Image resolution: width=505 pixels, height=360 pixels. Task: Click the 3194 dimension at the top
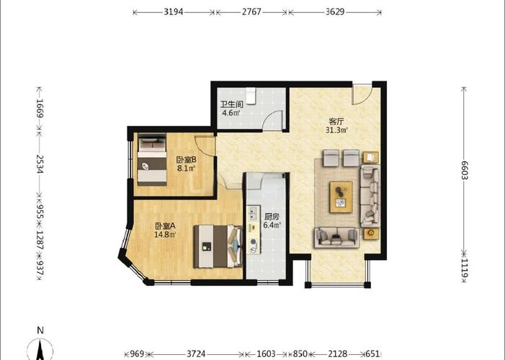pyautogui.click(x=174, y=12)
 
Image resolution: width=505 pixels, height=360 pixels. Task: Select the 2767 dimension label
pyautogui.click(x=251, y=12)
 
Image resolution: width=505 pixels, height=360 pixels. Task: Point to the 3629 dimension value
pyautogui.click(x=335, y=12)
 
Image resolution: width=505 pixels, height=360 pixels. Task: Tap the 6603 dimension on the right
pyautogui.click(x=464, y=171)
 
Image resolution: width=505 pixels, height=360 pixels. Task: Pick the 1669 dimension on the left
pyautogui.click(x=40, y=109)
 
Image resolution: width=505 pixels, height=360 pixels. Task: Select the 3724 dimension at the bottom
pyautogui.click(x=196, y=354)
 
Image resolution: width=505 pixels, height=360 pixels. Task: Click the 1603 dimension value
pyautogui.click(x=266, y=354)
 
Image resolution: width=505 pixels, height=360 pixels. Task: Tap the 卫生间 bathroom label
pyautogui.click(x=231, y=104)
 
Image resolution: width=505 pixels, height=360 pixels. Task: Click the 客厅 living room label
pyautogui.click(x=336, y=122)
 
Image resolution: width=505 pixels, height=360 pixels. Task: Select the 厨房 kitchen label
pyautogui.click(x=272, y=217)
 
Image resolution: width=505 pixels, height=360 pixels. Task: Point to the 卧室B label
pyautogui.click(x=186, y=160)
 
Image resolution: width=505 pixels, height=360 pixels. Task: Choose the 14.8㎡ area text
pyautogui.click(x=165, y=235)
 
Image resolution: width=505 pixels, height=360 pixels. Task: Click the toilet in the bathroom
pyautogui.click(x=251, y=96)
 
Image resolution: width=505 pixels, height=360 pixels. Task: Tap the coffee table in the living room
pyautogui.click(x=341, y=197)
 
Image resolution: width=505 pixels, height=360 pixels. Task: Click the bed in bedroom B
pyautogui.click(x=152, y=160)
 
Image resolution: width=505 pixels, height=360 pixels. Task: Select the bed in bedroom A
pyautogui.click(x=218, y=246)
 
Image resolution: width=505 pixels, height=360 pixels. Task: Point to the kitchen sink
pyautogui.click(x=252, y=213)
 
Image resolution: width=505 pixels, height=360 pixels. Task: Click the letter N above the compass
pyautogui.click(x=40, y=330)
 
